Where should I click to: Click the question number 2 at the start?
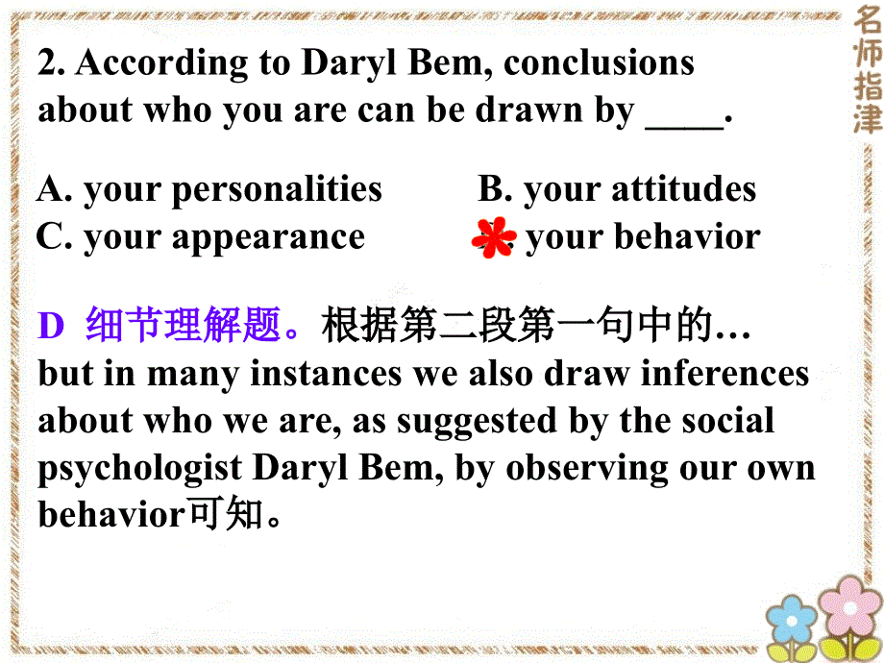(x=50, y=63)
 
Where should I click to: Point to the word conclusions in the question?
(x=599, y=63)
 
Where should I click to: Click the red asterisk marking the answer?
(x=497, y=238)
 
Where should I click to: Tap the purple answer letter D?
(x=50, y=328)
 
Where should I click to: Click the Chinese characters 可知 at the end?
(x=223, y=515)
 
